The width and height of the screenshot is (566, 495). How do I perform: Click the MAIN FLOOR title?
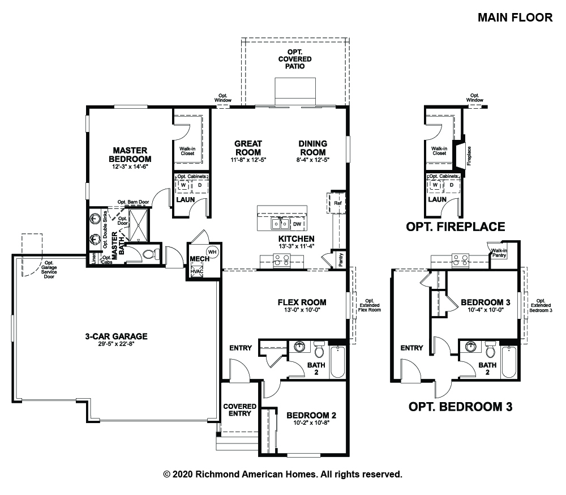(515, 18)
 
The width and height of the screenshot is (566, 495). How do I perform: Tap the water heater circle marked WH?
(212, 252)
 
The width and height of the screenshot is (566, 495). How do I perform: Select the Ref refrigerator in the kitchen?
(337, 203)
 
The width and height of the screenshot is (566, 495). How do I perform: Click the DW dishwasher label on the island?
(297, 224)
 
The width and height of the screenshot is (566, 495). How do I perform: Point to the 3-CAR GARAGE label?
(116, 336)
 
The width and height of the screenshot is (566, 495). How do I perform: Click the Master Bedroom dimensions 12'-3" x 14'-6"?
(130, 167)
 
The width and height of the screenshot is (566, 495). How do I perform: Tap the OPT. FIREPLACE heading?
(456, 227)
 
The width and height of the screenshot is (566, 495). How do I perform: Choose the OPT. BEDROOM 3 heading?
(460, 407)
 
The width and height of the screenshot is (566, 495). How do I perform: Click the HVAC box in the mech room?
(197, 271)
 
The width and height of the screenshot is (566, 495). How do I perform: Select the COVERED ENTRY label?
(239, 409)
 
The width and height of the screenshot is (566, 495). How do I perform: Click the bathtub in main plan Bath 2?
(337, 362)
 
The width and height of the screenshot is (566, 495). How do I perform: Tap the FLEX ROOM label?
(302, 302)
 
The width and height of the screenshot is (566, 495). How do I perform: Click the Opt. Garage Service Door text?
(49, 270)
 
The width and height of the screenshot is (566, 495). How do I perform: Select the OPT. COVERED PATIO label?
(295, 59)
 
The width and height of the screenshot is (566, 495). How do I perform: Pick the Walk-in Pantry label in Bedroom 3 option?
(499, 253)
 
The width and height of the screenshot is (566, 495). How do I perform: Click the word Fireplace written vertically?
(469, 156)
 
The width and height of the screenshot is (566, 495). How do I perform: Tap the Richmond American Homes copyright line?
(282, 474)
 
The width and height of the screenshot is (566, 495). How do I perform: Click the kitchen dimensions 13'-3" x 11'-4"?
(297, 246)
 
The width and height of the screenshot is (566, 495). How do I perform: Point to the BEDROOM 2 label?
(311, 415)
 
